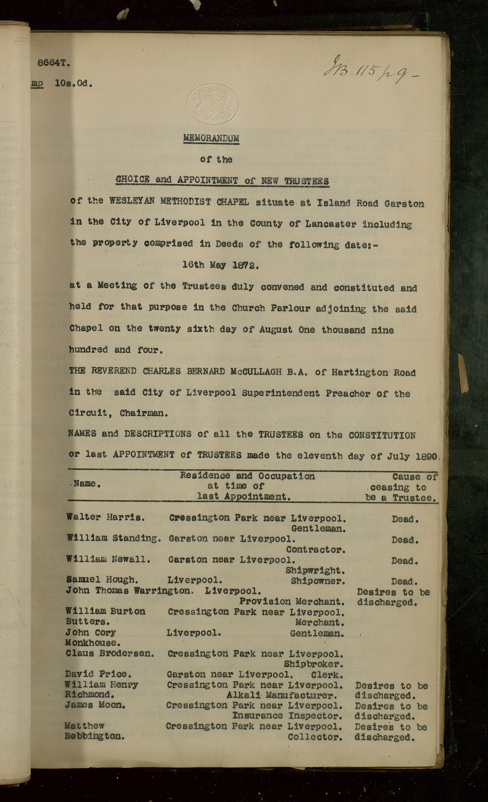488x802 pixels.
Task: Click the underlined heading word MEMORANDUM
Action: pyautogui.click(x=211, y=138)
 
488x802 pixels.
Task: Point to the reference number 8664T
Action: pyautogui.click(x=54, y=63)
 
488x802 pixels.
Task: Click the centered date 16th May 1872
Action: pyautogui.click(x=220, y=265)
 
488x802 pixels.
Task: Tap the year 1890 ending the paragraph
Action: pyautogui.click(x=426, y=456)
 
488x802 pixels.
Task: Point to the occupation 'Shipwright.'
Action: pyautogui.click(x=315, y=571)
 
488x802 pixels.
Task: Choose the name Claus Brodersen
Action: pyautogui.click(x=110, y=653)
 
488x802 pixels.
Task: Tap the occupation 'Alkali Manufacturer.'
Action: pyautogui.click(x=282, y=695)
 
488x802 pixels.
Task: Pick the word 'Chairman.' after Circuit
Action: pyautogui.click(x=144, y=413)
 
